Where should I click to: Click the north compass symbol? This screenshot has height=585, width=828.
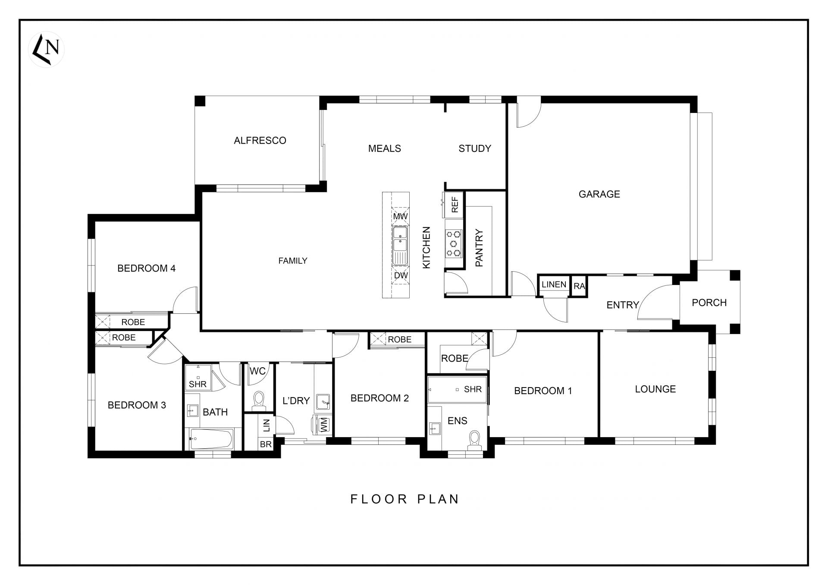point(46,49)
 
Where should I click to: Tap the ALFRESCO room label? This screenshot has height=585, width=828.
point(260,141)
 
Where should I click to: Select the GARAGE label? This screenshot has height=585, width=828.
point(599,194)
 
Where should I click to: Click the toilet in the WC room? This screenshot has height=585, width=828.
point(259,399)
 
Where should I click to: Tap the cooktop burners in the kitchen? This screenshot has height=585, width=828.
point(453,244)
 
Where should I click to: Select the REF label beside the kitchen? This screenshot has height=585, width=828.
point(455,204)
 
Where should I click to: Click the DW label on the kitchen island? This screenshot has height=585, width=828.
point(401,275)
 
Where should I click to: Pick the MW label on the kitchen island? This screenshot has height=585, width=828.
point(400,216)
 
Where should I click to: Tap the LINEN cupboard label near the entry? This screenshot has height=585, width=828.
point(554,285)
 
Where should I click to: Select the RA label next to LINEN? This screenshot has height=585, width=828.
point(579,286)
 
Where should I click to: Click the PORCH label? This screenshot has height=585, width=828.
point(709,303)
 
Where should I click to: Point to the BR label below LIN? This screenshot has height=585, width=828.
point(266,444)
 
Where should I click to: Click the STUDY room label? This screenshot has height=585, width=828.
point(475,149)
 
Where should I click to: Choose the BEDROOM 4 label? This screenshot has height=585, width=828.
point(146,269)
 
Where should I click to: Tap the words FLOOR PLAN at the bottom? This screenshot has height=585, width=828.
point(405,499)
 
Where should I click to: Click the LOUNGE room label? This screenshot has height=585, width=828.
point(655,389)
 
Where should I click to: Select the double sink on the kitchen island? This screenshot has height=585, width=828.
point(400,240)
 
